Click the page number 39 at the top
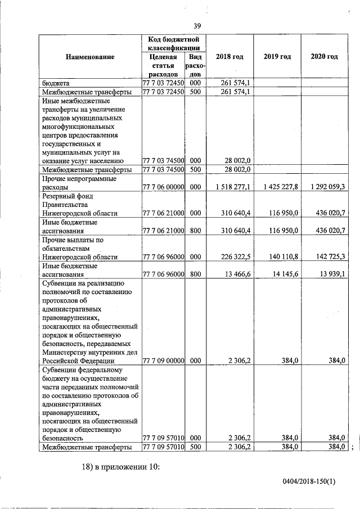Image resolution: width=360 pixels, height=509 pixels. (x=197, y=26)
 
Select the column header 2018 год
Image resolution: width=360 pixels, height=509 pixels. (x=229, y=57)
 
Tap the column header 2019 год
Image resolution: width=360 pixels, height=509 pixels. (x=277, y=57)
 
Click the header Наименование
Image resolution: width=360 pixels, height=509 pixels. (x=90, y=57)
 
